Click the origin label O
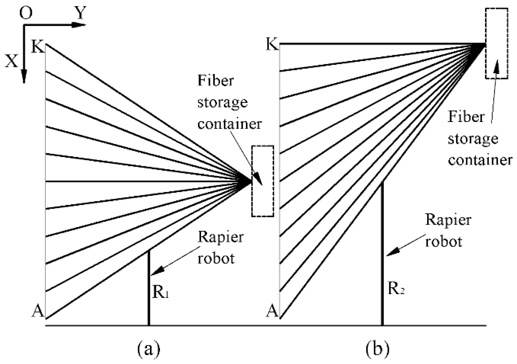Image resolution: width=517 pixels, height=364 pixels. click(x=26, y=13)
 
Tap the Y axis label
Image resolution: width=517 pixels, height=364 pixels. click(x=80, y=13)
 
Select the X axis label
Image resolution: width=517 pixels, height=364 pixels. click(x=11, y=61)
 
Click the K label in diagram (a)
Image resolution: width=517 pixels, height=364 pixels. click(x=38, y=46)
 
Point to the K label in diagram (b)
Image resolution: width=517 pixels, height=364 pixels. click(x=272, y=44)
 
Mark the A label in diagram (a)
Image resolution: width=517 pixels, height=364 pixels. click(x=38, y=311)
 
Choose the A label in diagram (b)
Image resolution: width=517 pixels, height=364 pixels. click(x=272, y=311)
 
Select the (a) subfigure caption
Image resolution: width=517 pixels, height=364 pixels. click(x=149, y=349)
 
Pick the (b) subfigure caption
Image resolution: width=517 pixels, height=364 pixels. click(x=378, y=349)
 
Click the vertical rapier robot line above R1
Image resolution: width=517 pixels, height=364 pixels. click(x=149, y=288)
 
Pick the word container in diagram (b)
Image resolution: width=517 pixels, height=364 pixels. click(x=480, y=160)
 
